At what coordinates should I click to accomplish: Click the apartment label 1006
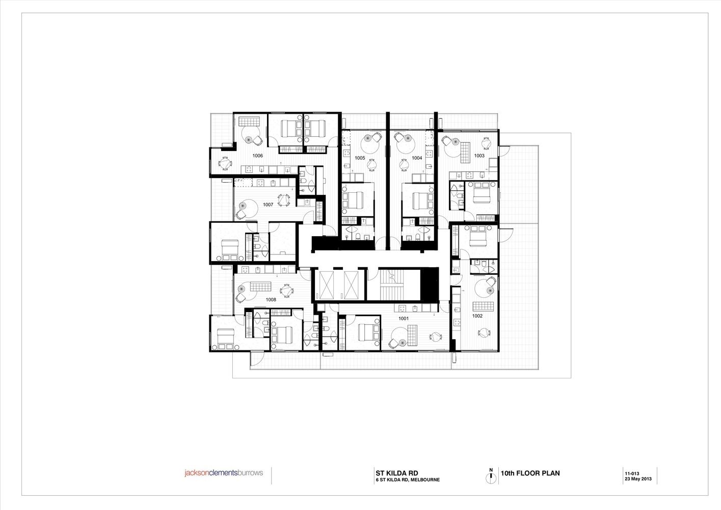pyautogui.click(x=257, y=156)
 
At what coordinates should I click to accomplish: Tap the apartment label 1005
pyautogui.click(x=360, y=158)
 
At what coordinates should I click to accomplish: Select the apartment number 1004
pyautogui.click(x=417, y=158)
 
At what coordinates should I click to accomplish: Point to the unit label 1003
pyautogui.click(x=479, y=156)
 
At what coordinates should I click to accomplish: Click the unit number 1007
pyautogui.click(x=268, y=205)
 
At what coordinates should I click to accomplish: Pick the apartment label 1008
pyautogui.click(x=271, y=299)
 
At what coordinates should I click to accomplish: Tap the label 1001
pyautogui.click(x=404, y=319)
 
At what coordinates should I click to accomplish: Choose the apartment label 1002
pyautogui.click(x=477, y=316)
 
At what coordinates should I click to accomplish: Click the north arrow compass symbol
pyautogui.click(x=491, y=476)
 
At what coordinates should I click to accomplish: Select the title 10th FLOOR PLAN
pyautogui.click(x=530, y=473)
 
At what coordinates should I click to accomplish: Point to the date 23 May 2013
pyautogui.click(x=638, y=479)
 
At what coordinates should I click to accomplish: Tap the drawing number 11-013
pyautogui.click(x=632, y=474)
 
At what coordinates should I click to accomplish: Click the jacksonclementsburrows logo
pyautogui.click(x=224, y=473)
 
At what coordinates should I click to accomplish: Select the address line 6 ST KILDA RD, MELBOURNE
pyautogui.click(x=408, y=480)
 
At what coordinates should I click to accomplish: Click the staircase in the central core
pyautogui.click(x=399, y=285)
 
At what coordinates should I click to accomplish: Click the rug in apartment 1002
pyautogui.click(x=483, y=307)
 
